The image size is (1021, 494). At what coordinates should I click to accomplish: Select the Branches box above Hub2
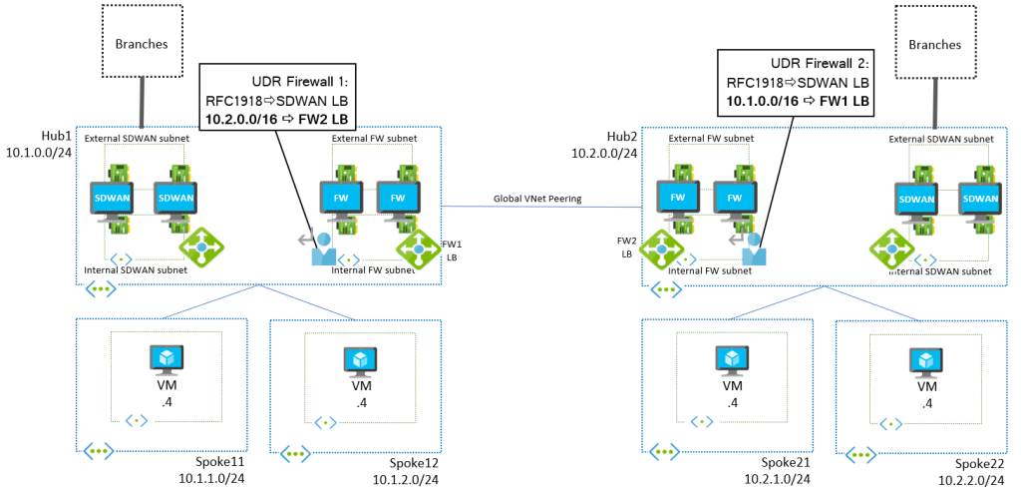(x=936, y=44)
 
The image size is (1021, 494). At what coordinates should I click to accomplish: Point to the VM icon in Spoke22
(x=926, y=361)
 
